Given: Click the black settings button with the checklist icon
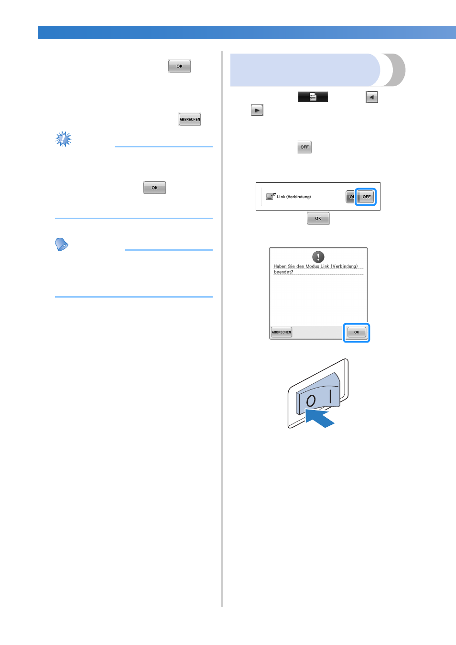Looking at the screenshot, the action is pos(313,97).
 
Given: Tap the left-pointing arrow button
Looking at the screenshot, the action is pos(372,97).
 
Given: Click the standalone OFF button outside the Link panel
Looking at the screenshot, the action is pos(304,147).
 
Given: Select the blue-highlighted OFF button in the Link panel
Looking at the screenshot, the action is pos(366,197).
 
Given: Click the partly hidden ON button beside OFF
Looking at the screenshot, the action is pos(350,197).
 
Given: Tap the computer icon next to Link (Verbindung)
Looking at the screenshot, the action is pos(271,196).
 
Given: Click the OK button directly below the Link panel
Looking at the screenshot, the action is pos(318,218).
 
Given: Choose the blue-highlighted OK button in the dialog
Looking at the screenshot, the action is pos(357,332).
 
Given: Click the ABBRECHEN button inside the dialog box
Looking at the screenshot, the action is pos(282,332).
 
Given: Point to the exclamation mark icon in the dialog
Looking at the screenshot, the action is pos(318,256).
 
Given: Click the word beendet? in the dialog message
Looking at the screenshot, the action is pos(283,272).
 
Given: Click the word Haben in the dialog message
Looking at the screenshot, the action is pos(280,267).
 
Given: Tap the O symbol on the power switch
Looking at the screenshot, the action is pos(311,400).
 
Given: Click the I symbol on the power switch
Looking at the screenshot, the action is pos(331,397).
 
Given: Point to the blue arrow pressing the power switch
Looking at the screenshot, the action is pos(319,418).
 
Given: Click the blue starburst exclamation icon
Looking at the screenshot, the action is pos(63,139).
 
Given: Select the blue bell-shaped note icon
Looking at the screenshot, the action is pos(61,245).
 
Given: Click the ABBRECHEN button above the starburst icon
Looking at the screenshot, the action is pos(190,119).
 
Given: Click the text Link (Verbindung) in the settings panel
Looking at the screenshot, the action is pos(294,197).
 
